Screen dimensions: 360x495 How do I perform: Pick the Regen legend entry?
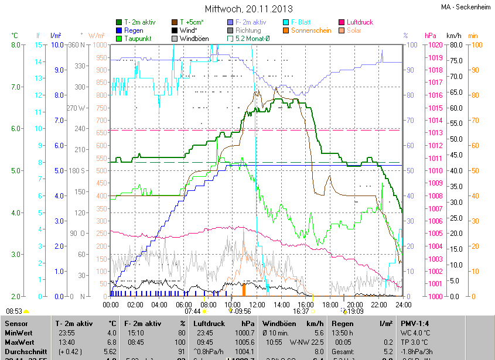coord(134,30)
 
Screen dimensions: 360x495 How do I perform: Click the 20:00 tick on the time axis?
coord(355,304)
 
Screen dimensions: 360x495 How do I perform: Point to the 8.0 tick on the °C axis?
coord(16,44)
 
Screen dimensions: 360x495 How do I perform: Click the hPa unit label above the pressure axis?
coord(431,36)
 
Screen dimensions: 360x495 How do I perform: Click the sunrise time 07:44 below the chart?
coord(192,311)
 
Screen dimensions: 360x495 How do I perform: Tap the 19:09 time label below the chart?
coord(356,311)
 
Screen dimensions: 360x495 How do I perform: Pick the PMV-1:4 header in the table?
coord(415,323)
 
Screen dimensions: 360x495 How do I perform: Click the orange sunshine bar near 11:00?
coord(244,289)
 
